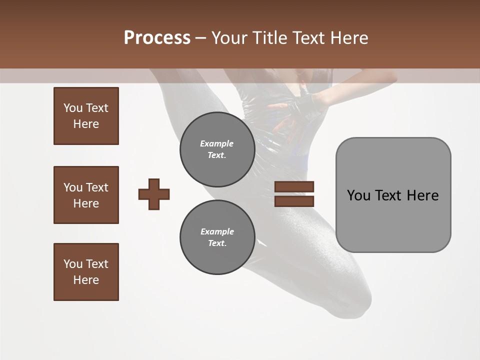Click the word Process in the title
click(x=157, y=37)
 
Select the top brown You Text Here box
click(x=86, y=116)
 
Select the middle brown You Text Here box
click(x=86, y=195)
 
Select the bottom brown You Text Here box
click(x=86, y=272)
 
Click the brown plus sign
click(x=154, y=194)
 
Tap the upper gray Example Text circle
click(x=217, y=149)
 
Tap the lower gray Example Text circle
click(x=217, y=237)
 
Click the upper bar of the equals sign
click(x=294, y=187)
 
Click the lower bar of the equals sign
click(x=294, y=201)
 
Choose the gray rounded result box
click(x=393, y=195)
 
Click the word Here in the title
click(x=350, y=38)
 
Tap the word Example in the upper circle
click(x=217, y=143)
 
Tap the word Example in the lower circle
click(x=217, y=231)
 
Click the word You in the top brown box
click(x=72, y=108)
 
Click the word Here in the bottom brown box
click(x=86, y=280)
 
